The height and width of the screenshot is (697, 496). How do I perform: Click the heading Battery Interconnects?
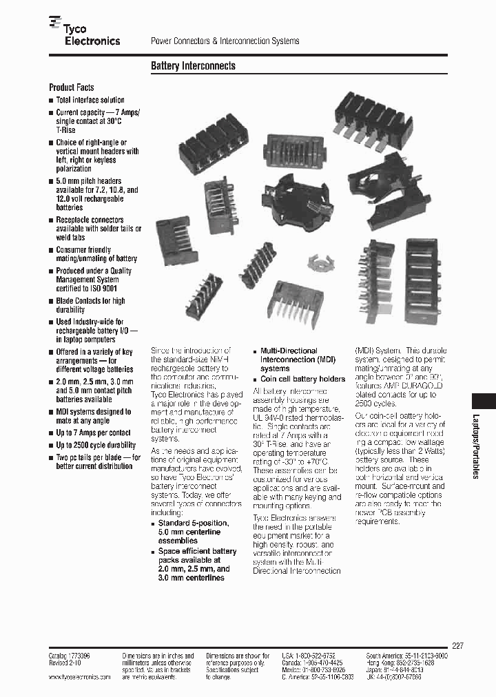193,66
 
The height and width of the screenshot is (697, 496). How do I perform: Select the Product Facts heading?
71,87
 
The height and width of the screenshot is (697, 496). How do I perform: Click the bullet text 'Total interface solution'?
90,100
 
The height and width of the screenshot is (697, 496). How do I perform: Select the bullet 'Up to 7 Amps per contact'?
93,433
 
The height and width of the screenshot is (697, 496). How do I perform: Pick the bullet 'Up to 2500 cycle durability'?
96,446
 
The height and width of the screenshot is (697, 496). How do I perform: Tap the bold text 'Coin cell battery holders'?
302,379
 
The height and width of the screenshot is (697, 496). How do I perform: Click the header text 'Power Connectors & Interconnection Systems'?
225,41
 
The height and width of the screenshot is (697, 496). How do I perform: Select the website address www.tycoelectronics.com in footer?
80,677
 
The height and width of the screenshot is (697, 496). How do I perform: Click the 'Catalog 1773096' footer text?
69,656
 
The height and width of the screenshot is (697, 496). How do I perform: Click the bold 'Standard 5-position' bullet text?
194,523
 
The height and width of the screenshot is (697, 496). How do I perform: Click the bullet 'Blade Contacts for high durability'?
90,305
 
